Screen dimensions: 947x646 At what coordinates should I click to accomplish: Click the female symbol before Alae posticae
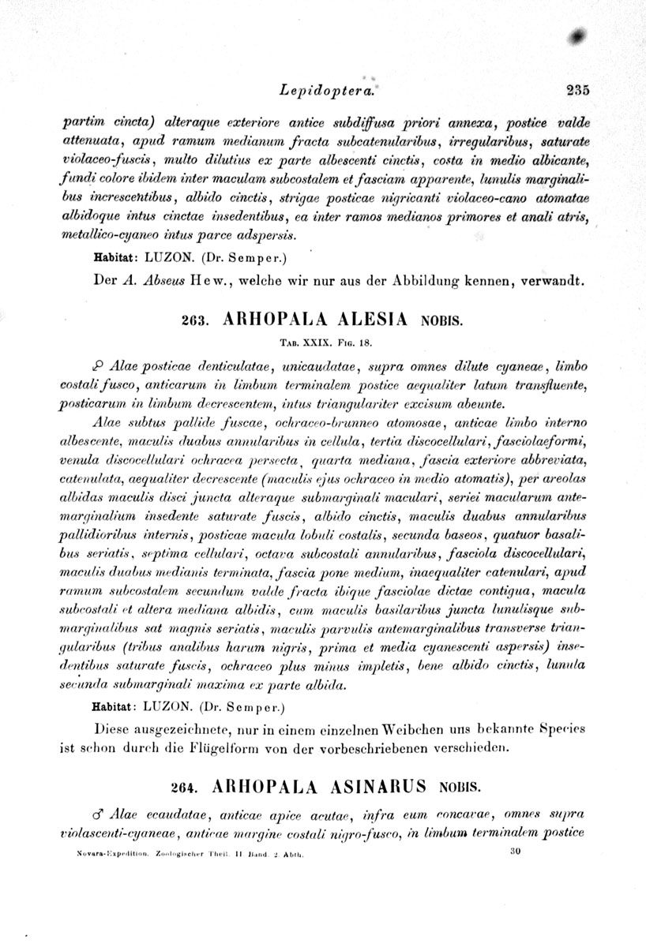pyautogui.click(x=99, y=367)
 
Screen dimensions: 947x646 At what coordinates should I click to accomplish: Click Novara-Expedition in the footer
pyautogui.click(x=103, y=854)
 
